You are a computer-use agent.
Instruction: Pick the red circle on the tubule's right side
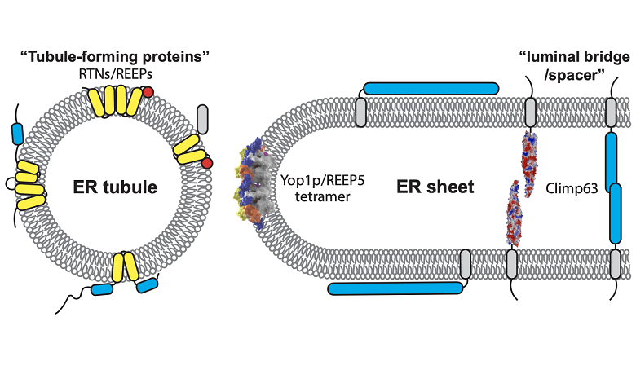[207, 165]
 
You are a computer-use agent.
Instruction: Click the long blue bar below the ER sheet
[395, 288]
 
